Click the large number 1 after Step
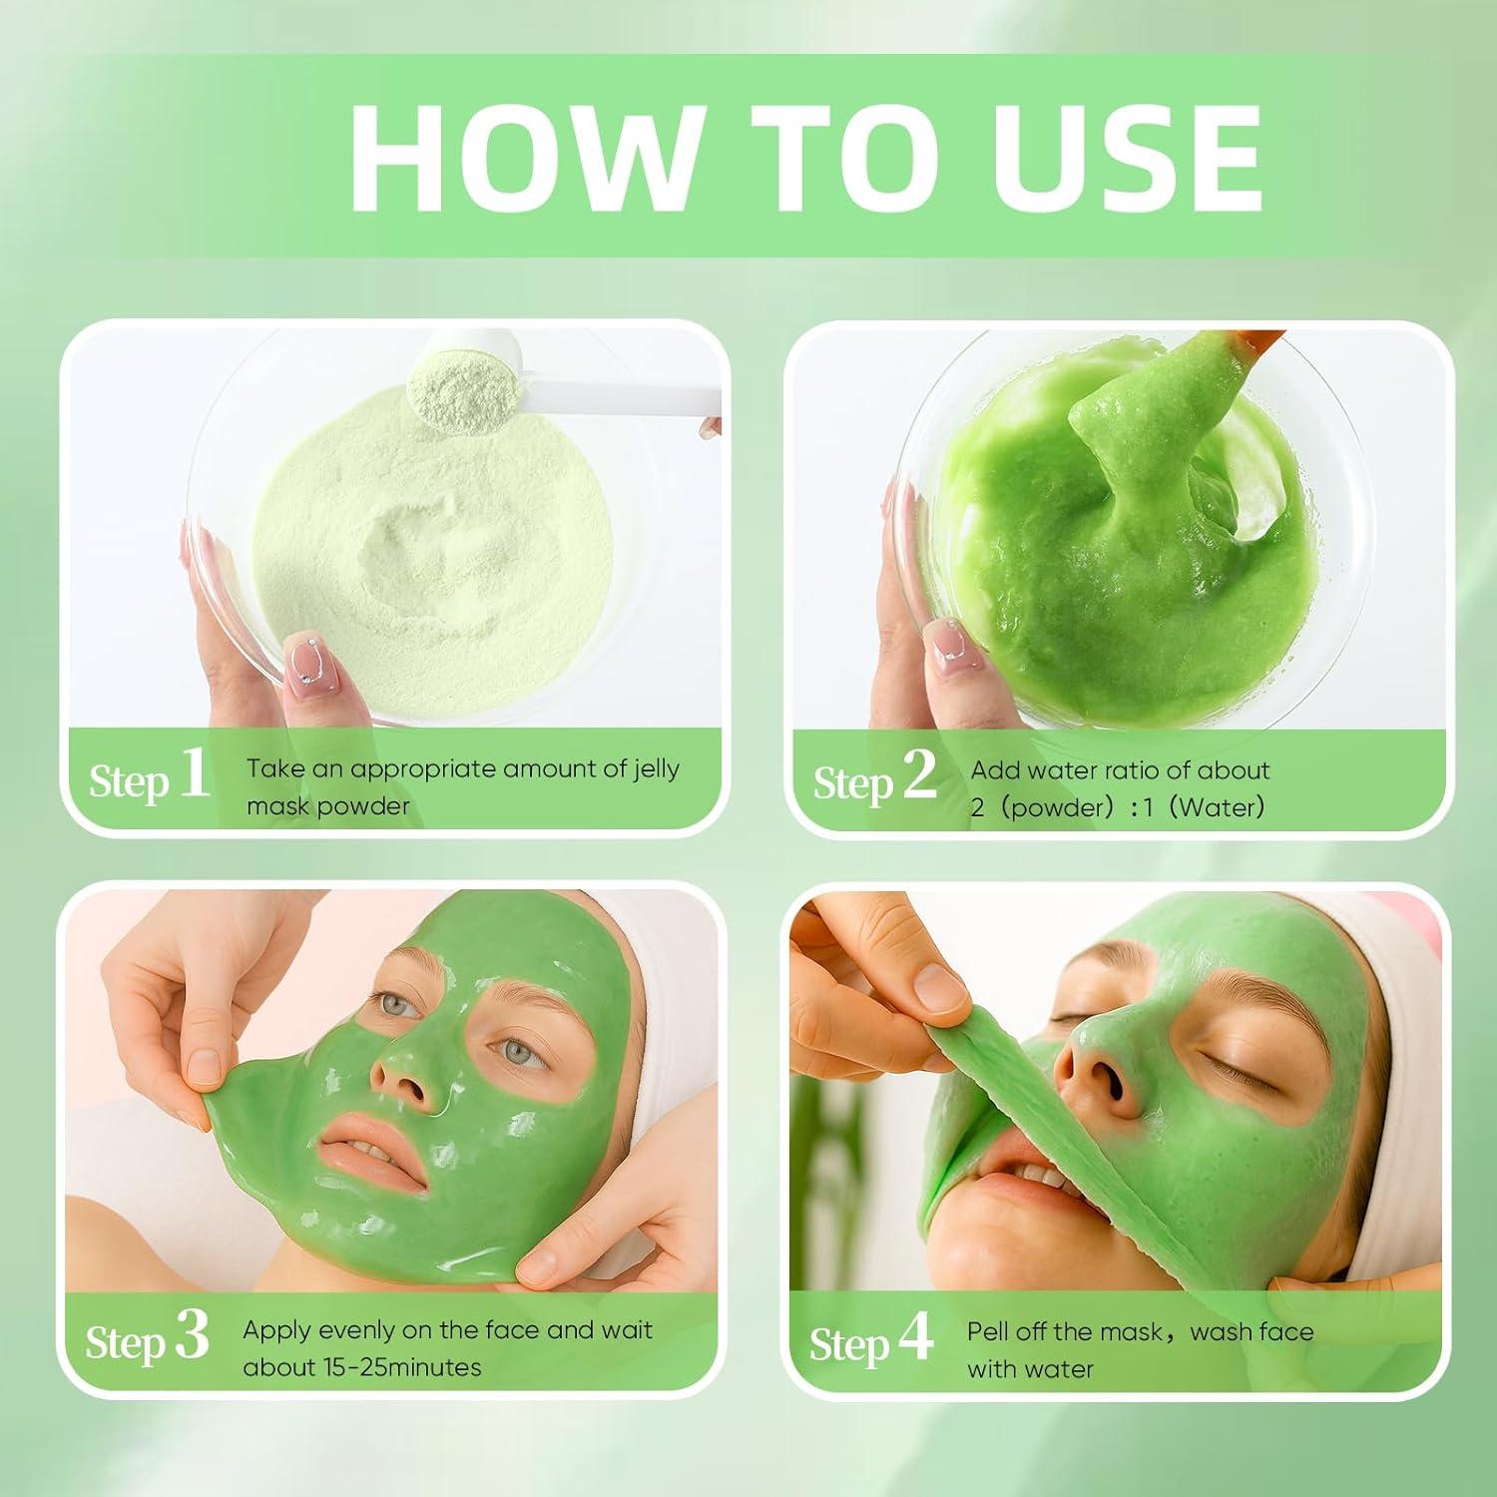[x=194, y=774]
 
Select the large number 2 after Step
[x=918, y=775]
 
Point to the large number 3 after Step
[x=192, y=1335]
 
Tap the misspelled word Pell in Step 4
[x=989, y=1331]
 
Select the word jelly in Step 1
[x=656, y=769]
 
